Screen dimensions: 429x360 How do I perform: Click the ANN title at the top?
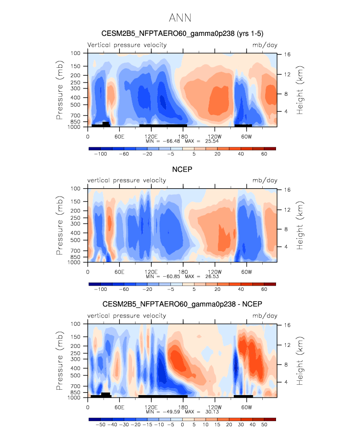pos(180,18)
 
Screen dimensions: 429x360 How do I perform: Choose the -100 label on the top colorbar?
pos(100,154)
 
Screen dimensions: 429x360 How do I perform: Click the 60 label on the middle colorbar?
pos(264,289)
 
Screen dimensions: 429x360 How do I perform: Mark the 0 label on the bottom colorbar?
pos(182,425)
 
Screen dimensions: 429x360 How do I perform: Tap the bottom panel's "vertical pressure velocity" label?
pos(127,316)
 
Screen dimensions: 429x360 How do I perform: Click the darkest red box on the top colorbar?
pos(270,148)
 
